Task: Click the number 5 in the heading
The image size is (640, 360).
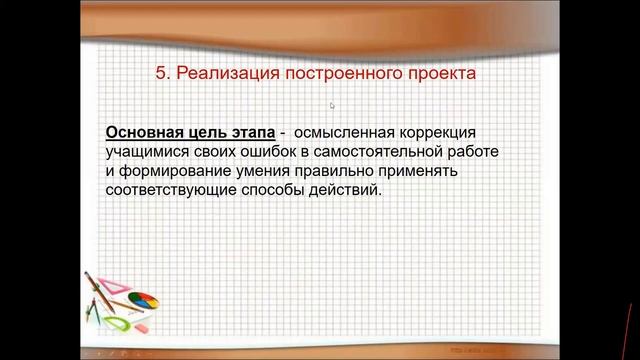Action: tap(164, 73)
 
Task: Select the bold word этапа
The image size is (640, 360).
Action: tap(250, 133)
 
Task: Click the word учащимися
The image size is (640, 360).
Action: tap(147, 151)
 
